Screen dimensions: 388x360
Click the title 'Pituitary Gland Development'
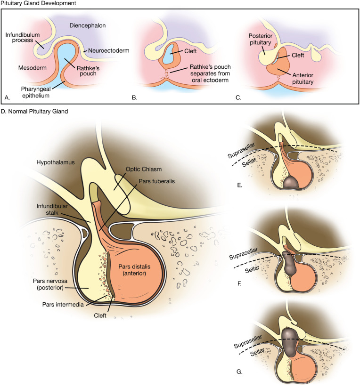click(35, 4)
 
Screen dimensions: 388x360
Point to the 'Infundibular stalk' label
click(52, 219)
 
